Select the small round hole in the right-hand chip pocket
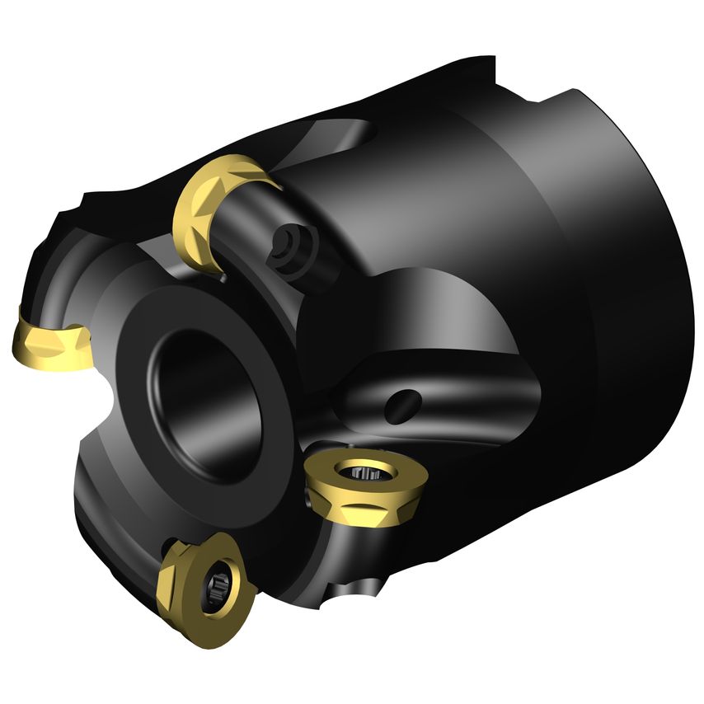pyautogui.click(x=404, y=402)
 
